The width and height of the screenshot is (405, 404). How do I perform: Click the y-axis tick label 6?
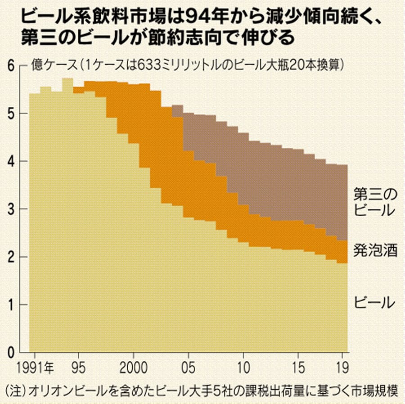click(x=13, y=66)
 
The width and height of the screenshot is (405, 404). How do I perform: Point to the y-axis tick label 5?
click(x=13, y=114)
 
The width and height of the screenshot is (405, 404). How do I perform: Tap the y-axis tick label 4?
click(x=13, y=162)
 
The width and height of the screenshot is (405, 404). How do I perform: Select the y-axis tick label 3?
click(x=13, y=209)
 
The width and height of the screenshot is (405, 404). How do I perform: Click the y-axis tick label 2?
click(x=13, y=257)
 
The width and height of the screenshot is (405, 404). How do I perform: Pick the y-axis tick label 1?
click(x=13, y=305)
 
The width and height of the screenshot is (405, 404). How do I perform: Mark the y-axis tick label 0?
click(x=13, y=353)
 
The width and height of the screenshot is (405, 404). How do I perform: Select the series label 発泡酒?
click(x=375, y=251)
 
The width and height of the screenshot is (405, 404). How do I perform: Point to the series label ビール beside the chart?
click(x=375, y=302)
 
